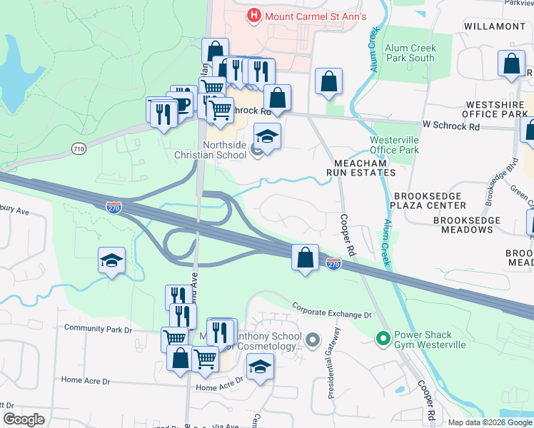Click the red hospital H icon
[x=253, y=15]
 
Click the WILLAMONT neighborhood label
[x=495, y=26]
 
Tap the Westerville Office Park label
[x=394, y=145]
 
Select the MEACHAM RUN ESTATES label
[x=361, y=168]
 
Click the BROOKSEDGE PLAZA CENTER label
[x=438, y=200]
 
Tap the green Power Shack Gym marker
[x=383, y=338]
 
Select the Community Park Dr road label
[x=98, y=329]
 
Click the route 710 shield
[x=79, y=148]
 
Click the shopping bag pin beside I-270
[x=306, y=257]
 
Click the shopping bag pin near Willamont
[x=511, y=64]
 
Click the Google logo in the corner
[x=24, y=419]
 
